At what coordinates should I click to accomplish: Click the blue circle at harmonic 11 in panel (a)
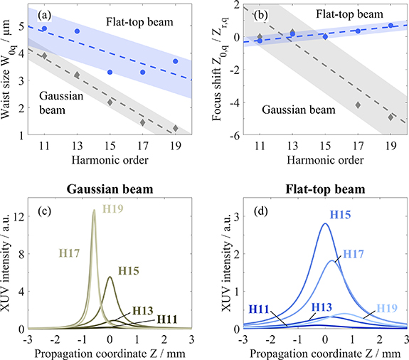(44, 28)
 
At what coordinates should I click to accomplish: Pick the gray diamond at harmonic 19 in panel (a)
(176, 128)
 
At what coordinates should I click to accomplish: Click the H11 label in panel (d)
(261, 309)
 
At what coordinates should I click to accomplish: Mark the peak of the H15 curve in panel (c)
(110, 277)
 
